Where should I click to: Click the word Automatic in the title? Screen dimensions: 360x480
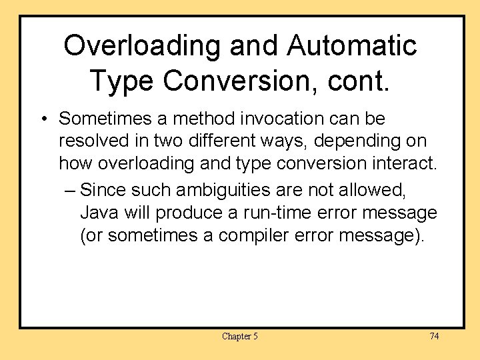click(352, 46)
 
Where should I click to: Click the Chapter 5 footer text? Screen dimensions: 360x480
click(239, 336)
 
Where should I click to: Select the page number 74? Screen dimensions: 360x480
click(434, 336)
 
